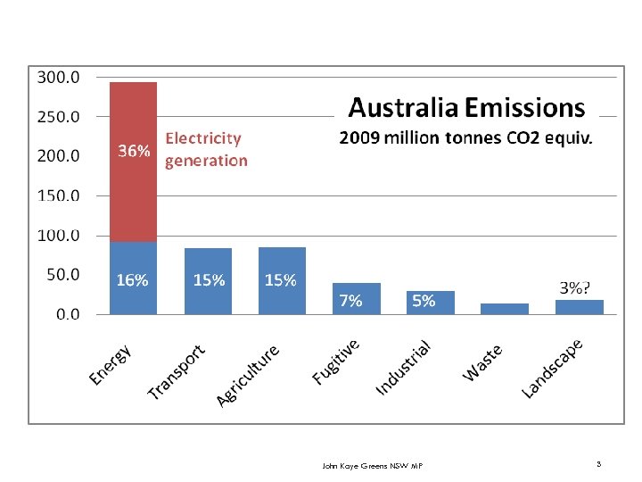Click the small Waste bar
pos(504,309)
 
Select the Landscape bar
pos(579,307)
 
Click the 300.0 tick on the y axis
pos(57,78)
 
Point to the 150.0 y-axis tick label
pos(57,195)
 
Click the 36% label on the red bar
pos(134,152)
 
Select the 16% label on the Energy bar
pos(133,280)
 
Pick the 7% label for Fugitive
pos(350,301)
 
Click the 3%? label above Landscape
pos(574,287)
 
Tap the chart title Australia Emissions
pos(466,109)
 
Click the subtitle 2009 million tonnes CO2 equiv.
pos(466,139)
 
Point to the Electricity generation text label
pos(206,150)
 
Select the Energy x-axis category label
pos(111,365)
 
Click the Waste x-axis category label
pos(482,362)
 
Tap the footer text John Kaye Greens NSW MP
pos(372,466)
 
